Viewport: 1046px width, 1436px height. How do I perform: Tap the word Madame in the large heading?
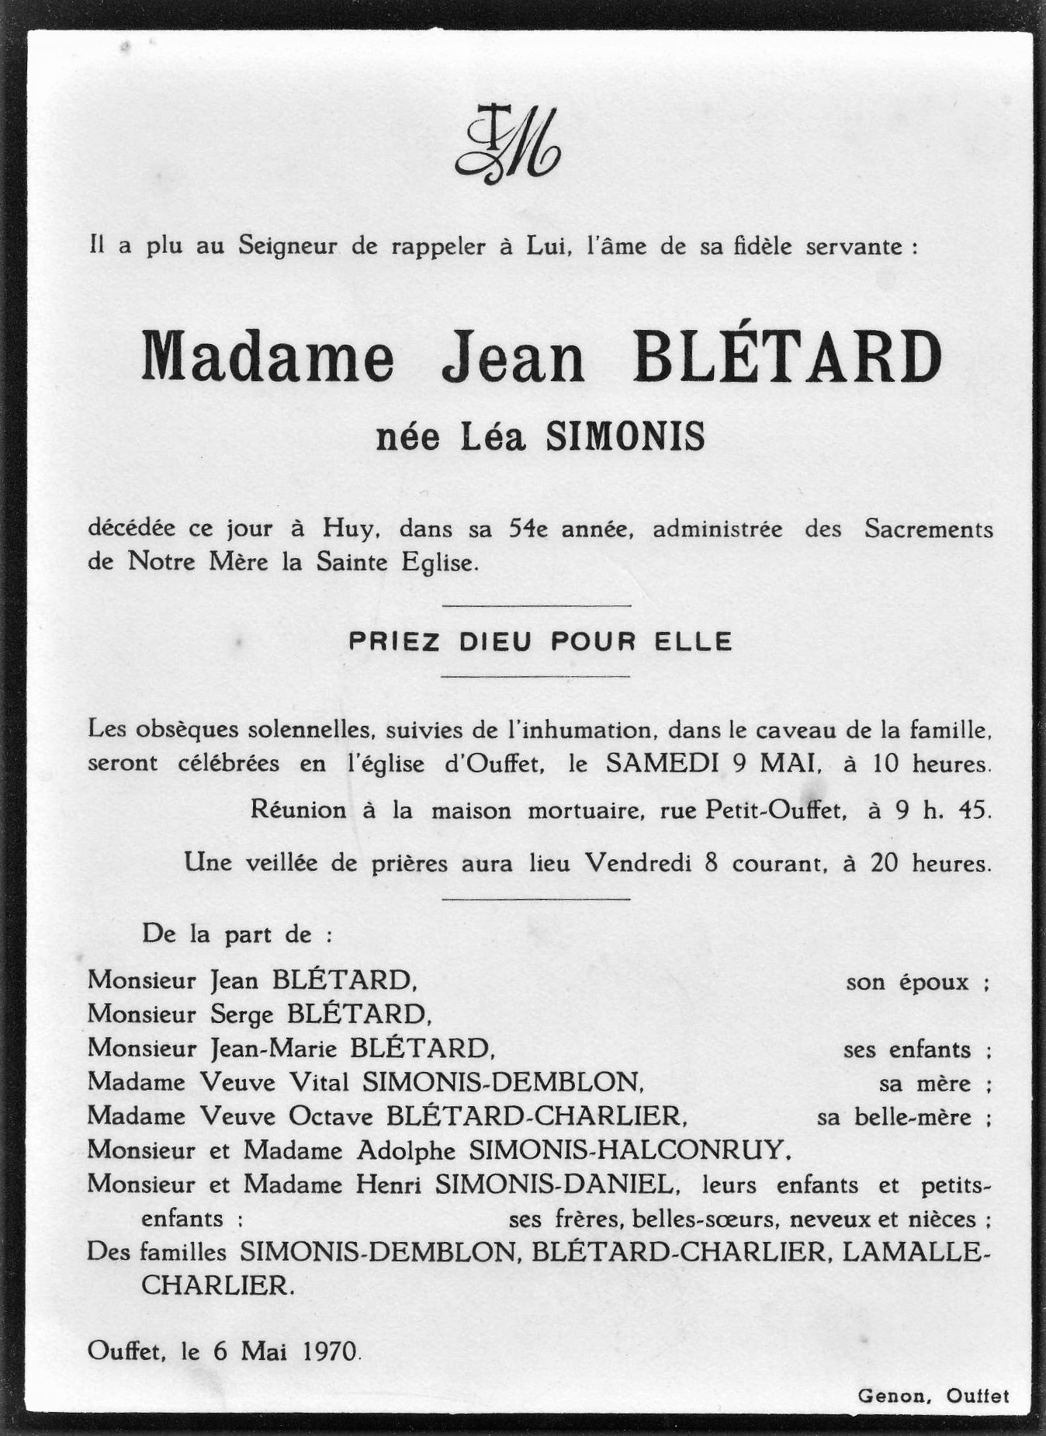268,359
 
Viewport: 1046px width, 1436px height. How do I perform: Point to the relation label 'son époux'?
917,983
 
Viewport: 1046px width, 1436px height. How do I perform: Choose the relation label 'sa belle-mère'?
903,1118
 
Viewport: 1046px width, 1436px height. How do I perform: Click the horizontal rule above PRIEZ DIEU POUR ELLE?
535,605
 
